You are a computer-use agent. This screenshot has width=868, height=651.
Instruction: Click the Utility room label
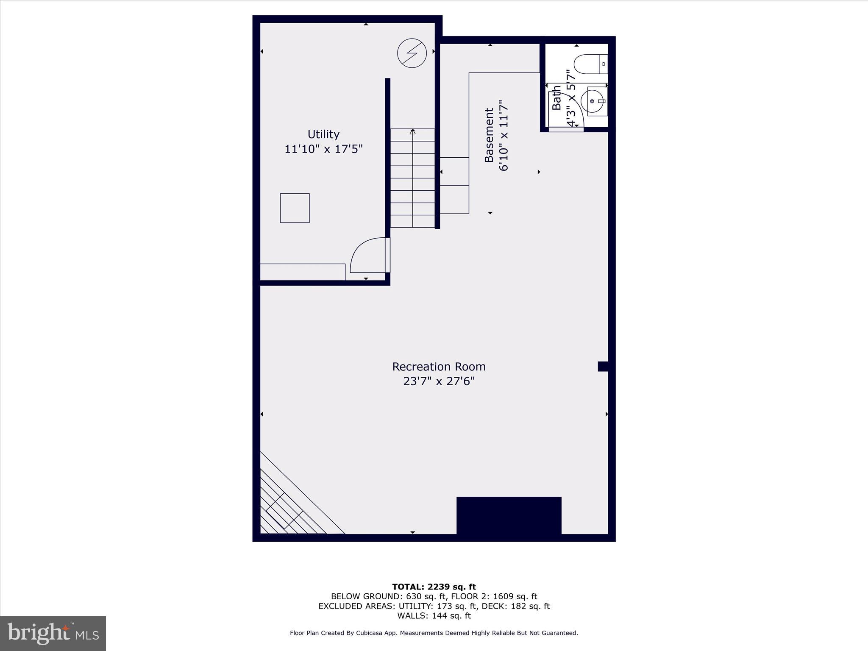pyautogui.click(x=323, y=134)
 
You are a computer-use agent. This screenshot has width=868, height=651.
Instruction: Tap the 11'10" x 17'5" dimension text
pyautogui.click(x=323, y=149)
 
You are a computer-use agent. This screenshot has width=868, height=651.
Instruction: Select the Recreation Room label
pyautogui.click(x=439, y=367)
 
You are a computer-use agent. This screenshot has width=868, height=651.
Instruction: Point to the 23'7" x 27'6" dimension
pyautogui.click(x=439, y=381)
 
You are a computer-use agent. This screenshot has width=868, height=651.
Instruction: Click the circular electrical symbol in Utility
pyautogui.click(x=412, y=53)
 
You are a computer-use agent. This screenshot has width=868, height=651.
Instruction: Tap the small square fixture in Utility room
pyautogui.click(x=295, y=208)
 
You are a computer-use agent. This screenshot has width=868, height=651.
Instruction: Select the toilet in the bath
pyautogui.click(x=590, y=64)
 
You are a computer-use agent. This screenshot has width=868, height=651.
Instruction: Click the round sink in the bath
pyautogui.click(x=593, y=102)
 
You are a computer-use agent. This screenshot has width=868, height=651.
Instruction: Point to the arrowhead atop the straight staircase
pyautogui.click(x=412, y=132)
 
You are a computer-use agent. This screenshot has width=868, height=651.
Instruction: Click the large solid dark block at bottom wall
pyautogui.click(x=509, y=515)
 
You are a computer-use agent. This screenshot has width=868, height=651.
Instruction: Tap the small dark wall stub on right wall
pyautogui.click(x=603, y=366)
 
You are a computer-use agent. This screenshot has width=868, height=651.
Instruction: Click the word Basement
pyautogui.click(x=489, y=135)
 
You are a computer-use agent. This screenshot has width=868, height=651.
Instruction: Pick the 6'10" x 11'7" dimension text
pyautogui.click(x=504, y=136)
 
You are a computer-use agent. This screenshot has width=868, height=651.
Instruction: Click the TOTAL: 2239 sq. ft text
pyautogui.click(x=434, y=587)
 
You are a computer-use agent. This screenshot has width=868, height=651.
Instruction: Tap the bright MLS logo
pyautogui.click(x=53, y=633)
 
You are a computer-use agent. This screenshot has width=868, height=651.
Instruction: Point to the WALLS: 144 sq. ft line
pyautogui.click(x=434, y=616)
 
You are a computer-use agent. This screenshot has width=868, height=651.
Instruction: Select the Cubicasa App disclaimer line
pyautogui.click(x=434, y=633)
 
